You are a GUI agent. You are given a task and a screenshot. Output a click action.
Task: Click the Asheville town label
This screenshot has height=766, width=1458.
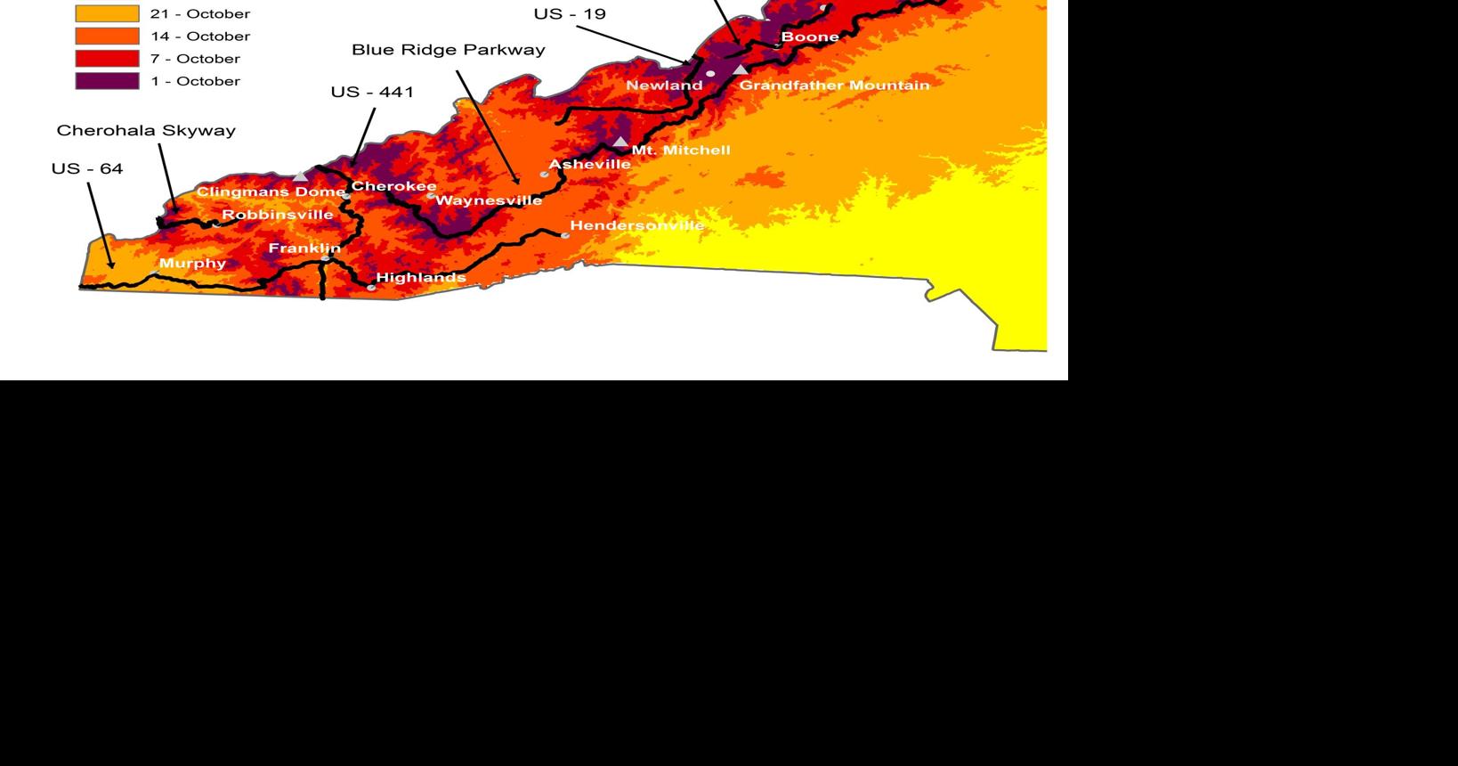pos(589,164)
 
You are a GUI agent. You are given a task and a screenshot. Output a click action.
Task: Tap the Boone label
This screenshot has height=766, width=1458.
pos(809,37)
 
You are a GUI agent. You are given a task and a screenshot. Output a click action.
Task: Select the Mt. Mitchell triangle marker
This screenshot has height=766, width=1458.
pos(620,142)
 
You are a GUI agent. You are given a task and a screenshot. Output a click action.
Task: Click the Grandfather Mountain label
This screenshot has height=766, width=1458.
pos(834,86)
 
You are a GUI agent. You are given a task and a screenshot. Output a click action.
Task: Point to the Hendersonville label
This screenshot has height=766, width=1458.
pos(636,225)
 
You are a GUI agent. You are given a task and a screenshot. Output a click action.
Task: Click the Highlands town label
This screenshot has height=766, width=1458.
pos(421,278)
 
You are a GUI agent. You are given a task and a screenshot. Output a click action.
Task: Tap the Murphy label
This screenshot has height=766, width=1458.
pos(192,264)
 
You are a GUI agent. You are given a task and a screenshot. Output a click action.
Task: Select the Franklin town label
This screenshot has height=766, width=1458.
pos(304,249)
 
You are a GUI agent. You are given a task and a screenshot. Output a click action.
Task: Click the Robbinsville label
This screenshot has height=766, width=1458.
pos(277,215)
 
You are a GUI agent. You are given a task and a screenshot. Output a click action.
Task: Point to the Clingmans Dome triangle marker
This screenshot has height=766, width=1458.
pos(301,176)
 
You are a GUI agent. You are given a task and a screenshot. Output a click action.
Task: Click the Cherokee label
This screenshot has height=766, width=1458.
pos(393,186)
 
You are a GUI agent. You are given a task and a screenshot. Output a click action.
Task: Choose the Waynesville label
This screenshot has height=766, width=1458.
pos(488,200)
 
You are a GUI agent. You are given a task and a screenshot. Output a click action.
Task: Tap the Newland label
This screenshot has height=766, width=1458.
pos(664,86)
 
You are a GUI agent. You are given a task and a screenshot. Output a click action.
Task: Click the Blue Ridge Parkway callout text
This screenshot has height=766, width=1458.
pos(449,50)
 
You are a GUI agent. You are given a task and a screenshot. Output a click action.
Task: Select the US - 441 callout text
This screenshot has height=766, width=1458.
pos(372,92)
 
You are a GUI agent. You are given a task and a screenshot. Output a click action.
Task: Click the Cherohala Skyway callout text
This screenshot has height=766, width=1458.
pos(146,130)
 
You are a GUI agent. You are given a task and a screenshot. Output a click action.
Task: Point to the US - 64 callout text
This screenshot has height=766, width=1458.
pos(87,168)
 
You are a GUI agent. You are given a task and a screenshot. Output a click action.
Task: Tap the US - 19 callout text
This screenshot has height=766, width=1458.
pos(570,13)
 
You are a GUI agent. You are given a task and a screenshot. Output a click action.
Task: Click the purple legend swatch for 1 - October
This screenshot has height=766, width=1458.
pos(107,81)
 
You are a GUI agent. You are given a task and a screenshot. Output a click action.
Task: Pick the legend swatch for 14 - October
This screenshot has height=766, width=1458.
pos(107,37)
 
